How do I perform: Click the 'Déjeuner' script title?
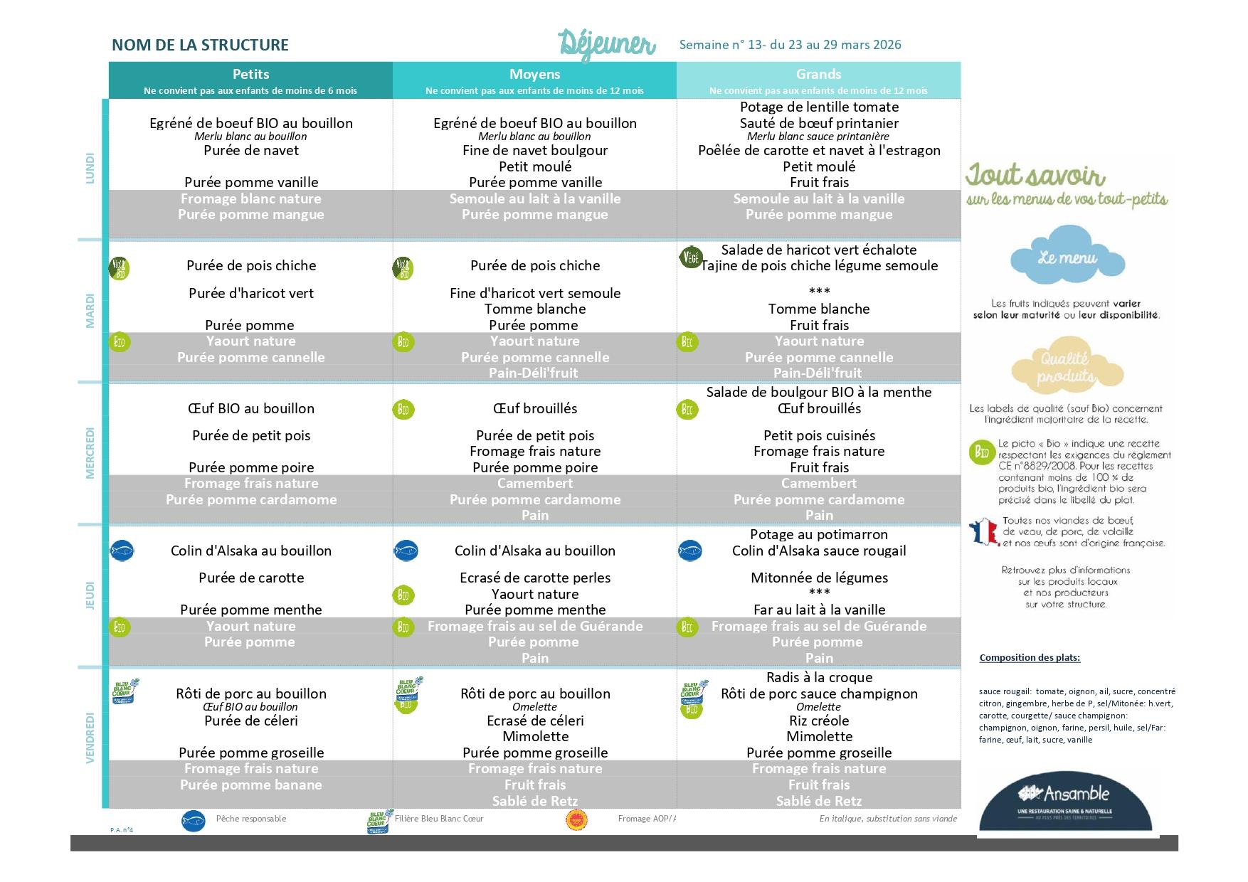click(606, 44)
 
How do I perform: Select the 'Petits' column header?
click(250, 74)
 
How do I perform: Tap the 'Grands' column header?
click(818, 74)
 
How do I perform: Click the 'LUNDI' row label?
click(90, 169)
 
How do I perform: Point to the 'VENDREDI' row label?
click(90, 738)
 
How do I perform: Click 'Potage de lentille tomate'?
click(819, 107)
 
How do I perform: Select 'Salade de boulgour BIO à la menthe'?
click(818, 392)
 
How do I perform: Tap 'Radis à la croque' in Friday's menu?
click(819, 677)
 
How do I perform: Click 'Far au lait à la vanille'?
click(819, 610)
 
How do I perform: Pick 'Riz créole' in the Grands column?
click(819, 721)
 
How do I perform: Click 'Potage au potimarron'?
click(818, 534)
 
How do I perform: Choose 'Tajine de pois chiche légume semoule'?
click(819, 265)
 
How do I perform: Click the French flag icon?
click(983, 532)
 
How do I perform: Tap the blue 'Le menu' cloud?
click(1067, 257)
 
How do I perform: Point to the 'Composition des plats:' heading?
click(1029, 657)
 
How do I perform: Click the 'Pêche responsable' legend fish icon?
click(193, 820)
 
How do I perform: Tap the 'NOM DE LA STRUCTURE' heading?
click(200, 45)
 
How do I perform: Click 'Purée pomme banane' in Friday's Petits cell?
click(250, 785)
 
